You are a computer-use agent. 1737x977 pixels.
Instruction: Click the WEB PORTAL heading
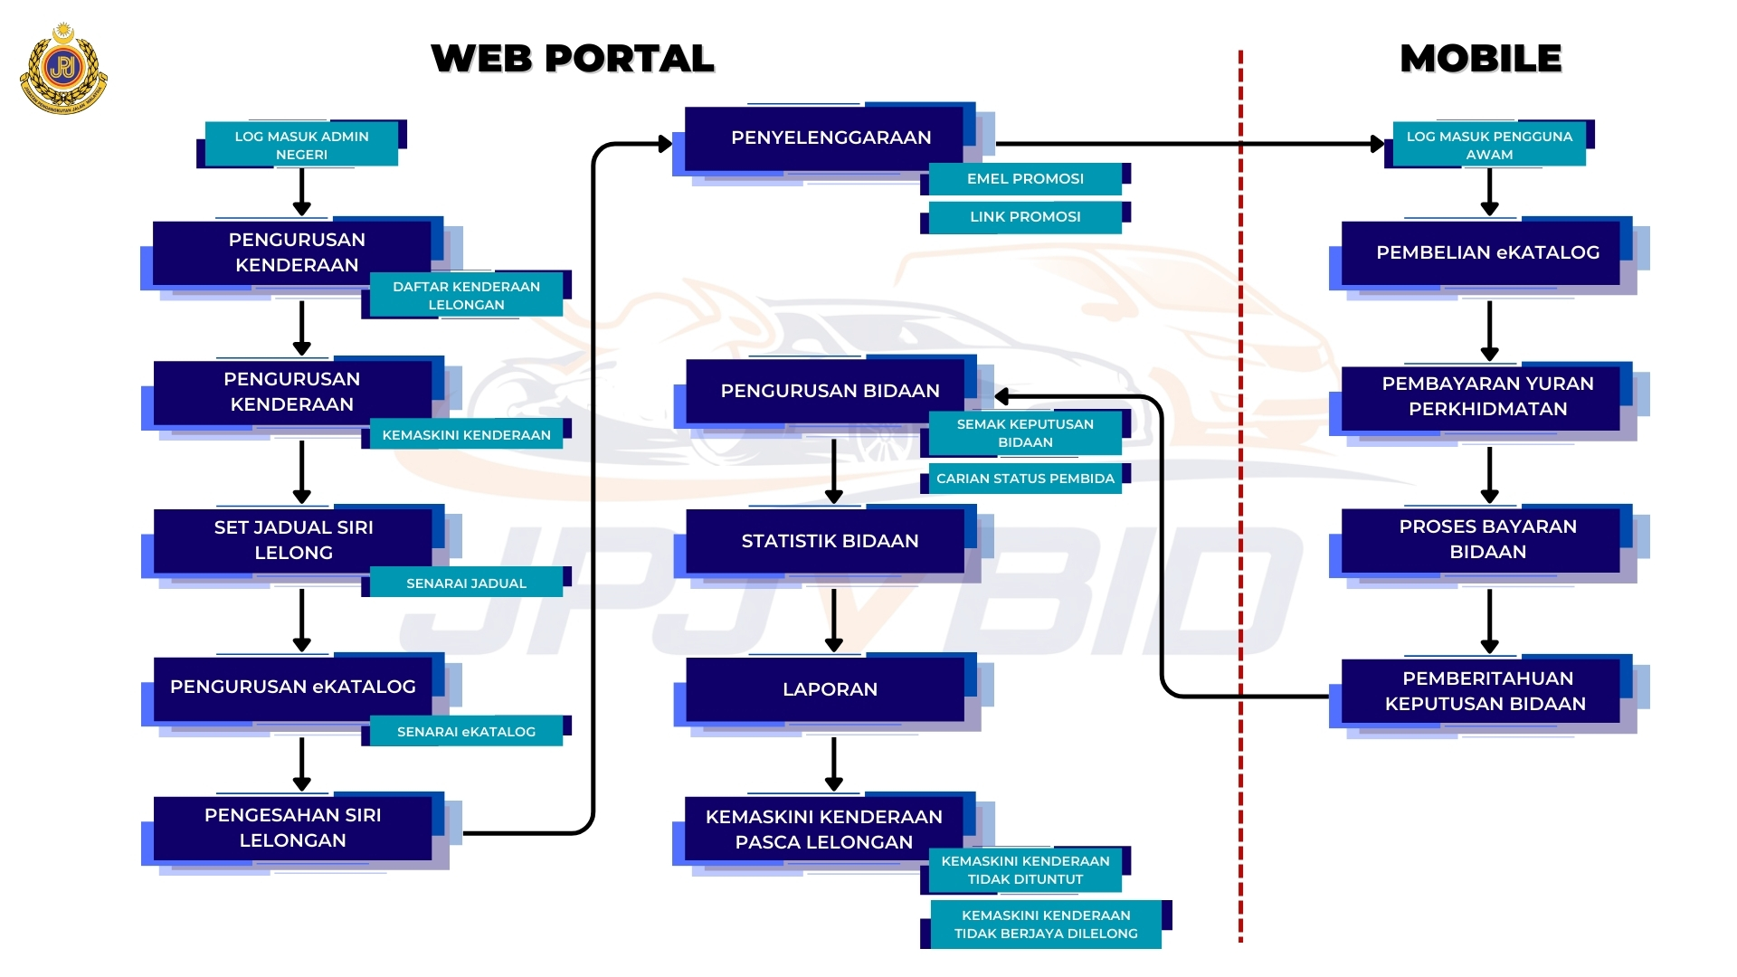[572, 59]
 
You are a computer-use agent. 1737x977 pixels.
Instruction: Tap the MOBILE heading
[1480, 59]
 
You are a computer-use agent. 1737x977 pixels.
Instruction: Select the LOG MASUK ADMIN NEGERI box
[301, 145]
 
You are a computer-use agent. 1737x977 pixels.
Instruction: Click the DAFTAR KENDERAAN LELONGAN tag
[466, 296]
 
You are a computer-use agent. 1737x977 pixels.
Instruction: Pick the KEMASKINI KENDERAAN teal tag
[466, 435]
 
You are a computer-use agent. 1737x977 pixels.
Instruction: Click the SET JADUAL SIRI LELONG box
[293, 540]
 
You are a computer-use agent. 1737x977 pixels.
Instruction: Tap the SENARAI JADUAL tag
[466, 583]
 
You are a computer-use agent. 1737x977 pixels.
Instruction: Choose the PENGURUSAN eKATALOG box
[293, 687]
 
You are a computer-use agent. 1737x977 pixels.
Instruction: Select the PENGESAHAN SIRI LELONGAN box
[293, 828]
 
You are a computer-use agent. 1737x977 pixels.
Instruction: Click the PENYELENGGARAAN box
[831, 138]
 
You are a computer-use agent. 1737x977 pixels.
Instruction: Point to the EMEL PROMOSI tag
[1025, 179]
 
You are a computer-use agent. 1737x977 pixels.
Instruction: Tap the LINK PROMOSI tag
[1025, 217]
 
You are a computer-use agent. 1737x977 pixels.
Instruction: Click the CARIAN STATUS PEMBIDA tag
[1025, 479]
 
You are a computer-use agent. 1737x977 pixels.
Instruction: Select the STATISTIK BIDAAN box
[830, 541]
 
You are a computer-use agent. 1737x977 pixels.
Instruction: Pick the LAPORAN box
[830, 689]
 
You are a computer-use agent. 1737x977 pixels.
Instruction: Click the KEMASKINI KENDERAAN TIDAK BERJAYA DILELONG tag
[1046, 925]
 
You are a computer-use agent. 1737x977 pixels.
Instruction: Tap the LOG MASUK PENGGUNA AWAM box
[1489, 145]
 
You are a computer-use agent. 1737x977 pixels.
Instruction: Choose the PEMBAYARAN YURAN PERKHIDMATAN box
[1487, 396]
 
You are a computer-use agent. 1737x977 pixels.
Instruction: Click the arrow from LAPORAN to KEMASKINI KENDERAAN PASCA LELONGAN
[834, 764]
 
